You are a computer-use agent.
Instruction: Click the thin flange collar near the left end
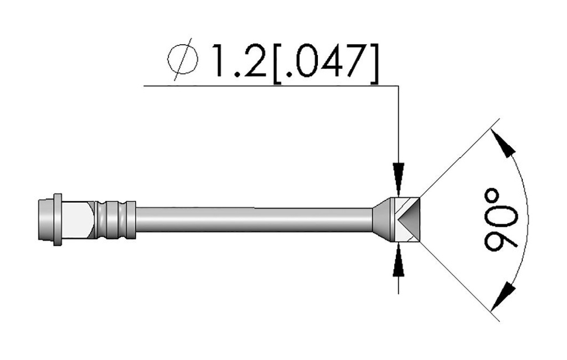coord(57,219)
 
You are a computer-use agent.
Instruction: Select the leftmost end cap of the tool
coord(45,219)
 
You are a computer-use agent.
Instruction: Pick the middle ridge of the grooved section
coord(116,219)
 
